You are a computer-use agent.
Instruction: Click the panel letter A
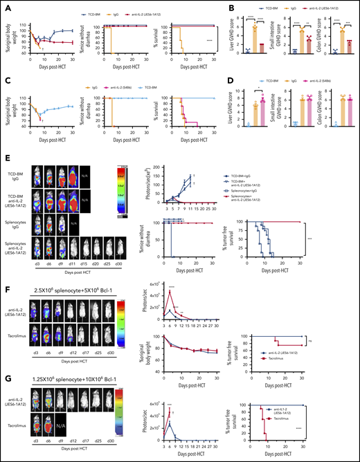(5, 5)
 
